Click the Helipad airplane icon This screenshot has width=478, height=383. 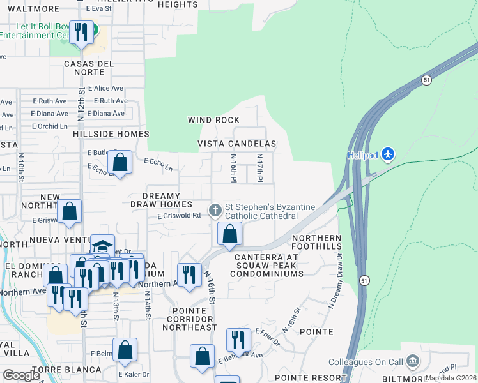388,154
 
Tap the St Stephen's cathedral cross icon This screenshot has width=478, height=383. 215,209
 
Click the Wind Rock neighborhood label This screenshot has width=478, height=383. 213,120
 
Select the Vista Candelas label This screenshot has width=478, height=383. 237,144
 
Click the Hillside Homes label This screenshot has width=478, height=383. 111,134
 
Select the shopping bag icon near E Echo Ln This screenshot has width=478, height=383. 119,163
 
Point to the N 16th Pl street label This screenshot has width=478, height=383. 234,168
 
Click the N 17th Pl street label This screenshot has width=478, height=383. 260,168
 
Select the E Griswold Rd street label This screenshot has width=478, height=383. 180,216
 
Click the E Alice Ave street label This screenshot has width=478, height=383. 106,89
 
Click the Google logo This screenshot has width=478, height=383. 22,376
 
